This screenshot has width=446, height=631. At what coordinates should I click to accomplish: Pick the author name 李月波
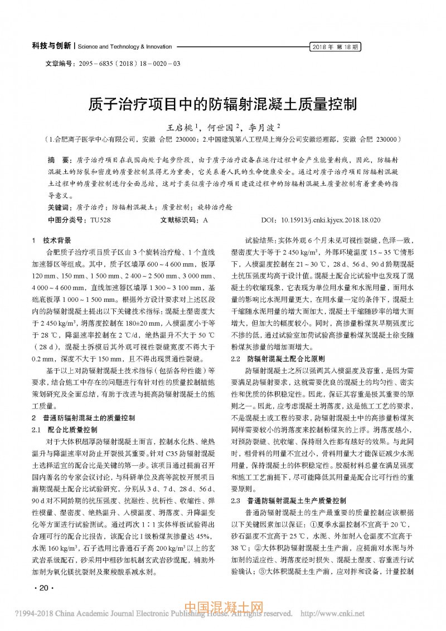[x=261, y=128]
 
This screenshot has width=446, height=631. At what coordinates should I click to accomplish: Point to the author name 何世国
[x=220, y=128]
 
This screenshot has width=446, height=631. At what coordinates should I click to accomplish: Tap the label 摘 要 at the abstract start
[x=56, y=160]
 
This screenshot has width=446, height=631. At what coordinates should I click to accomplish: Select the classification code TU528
[x=100, y=220]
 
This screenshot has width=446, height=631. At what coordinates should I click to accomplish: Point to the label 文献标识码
[x=180, y=220]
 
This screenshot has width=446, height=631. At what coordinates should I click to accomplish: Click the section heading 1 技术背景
[x=52, y=241]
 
